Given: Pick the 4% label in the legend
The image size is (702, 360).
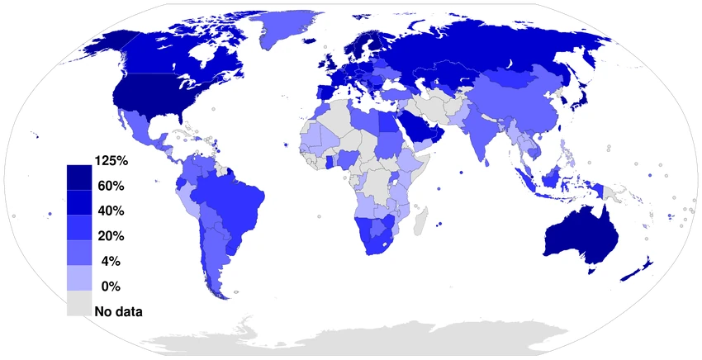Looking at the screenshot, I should pos(111,262).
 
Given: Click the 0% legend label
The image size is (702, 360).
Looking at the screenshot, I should pos(111,287).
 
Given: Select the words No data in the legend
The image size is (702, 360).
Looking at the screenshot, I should pos(119,312).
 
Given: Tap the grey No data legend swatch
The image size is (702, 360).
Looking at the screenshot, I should pos(79,307).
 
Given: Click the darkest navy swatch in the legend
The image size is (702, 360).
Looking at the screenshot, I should pos(79,176).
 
